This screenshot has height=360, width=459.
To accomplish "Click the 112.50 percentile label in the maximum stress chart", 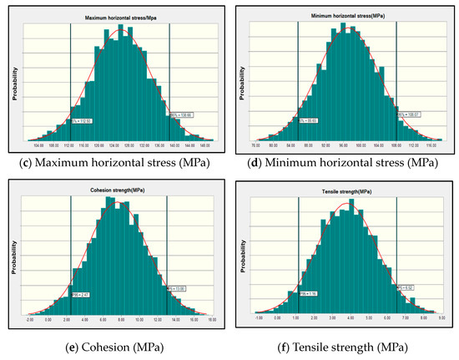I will coord(81,121).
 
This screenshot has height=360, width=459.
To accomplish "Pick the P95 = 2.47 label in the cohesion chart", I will coord(79,295).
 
